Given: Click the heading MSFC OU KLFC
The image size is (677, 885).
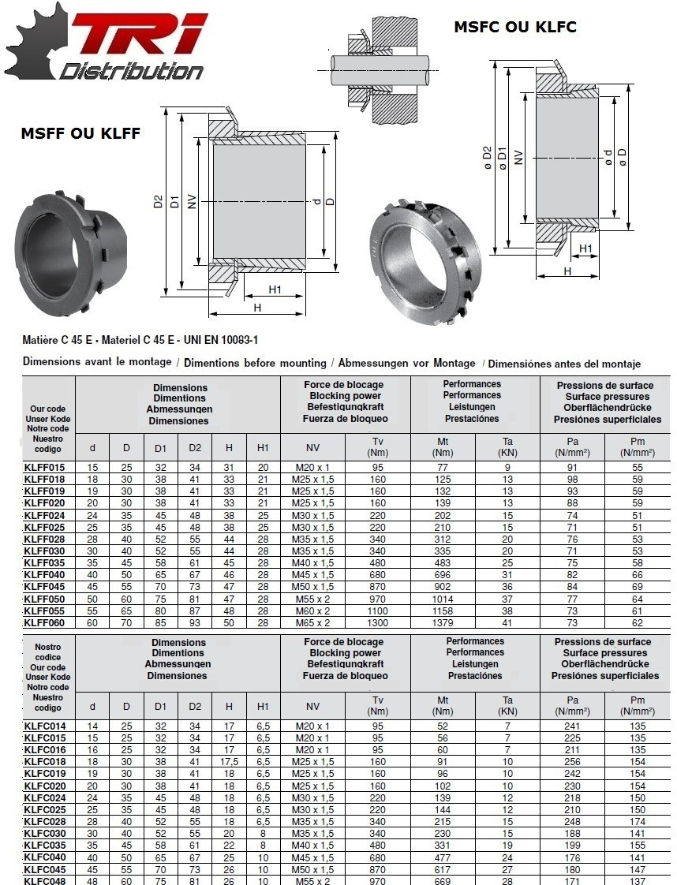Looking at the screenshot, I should [514, 28].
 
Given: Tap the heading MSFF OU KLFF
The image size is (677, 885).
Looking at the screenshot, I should [80, 133].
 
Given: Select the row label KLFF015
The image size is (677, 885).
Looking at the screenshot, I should [45, 468].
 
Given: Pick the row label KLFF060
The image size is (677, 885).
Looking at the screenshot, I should [45, 623].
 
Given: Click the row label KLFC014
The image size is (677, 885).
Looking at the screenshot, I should [45, 726].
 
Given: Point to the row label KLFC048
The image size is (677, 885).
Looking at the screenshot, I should [45, 881].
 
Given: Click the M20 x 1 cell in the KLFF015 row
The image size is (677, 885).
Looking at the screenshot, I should [312, 468].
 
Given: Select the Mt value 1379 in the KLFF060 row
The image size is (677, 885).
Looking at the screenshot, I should [443, 623].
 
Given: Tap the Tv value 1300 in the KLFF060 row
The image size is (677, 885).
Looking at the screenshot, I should [378, 623].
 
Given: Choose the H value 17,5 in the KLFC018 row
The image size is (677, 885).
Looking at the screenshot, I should [229, 762].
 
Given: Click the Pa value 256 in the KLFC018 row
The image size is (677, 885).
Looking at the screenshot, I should [572, 762].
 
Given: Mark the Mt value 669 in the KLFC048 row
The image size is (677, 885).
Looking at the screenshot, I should [443, 881].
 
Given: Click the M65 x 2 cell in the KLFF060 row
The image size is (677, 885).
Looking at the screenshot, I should [312, 623].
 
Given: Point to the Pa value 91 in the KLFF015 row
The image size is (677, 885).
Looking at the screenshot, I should [572, 468].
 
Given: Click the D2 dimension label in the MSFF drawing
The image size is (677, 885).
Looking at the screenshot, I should [158, 201].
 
